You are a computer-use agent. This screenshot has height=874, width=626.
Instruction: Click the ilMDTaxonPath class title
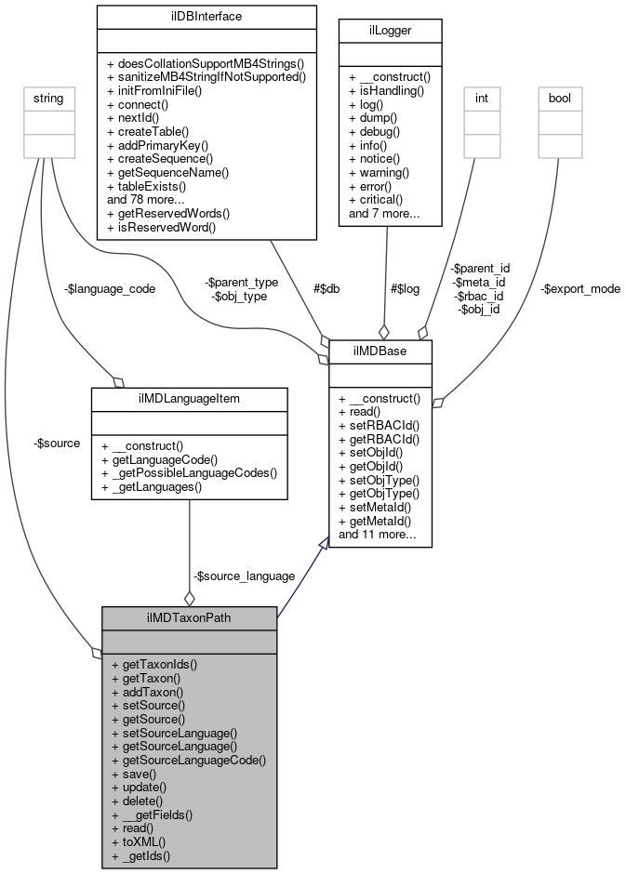tap(189, 617)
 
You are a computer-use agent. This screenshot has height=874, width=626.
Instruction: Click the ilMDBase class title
tap(380, 351)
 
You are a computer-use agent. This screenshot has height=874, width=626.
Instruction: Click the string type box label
tap(48, 96)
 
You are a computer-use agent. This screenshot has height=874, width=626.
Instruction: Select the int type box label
tap(482, 96)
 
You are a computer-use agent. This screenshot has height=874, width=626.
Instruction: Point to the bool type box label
tap(560, 96)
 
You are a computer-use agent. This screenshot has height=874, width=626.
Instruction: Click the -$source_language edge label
tap(244, 576)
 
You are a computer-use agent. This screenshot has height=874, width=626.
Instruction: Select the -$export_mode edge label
tap(580, 288)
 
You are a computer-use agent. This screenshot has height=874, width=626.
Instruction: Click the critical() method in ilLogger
tap(376, 199)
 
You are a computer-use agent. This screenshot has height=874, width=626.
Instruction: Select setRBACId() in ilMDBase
tap(380, 425)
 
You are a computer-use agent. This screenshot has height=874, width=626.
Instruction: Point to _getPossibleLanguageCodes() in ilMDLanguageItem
tap(189, 472)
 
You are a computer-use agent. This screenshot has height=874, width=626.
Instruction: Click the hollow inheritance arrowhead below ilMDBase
tap(323, 545)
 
